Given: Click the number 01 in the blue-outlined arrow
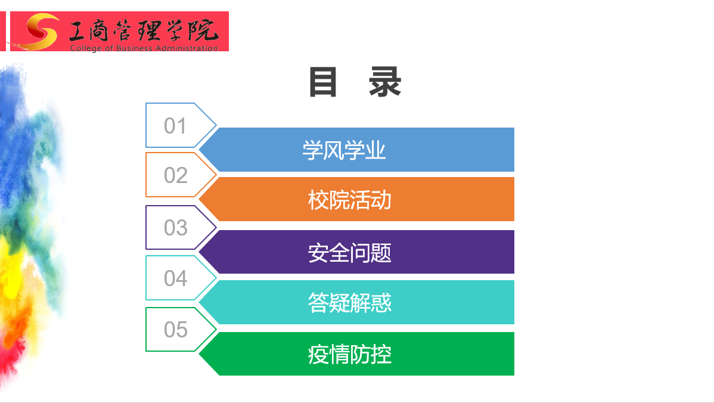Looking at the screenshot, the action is tap(175, 126).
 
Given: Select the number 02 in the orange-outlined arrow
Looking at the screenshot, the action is tap(175, 175).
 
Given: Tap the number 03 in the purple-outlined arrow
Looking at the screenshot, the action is tap(175, 228).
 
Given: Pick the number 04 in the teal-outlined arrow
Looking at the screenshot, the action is tap(175, 278).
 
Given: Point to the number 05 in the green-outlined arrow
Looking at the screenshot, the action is tap(175, 330).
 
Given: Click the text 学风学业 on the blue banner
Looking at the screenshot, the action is tap(344, 150).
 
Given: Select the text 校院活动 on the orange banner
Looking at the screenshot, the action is tap(350, 200).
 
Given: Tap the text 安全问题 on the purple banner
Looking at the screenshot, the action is tap(350, 253).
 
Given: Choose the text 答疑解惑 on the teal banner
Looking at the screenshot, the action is tap(350, 303).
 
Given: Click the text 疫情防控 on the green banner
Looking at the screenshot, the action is tap(350, 354).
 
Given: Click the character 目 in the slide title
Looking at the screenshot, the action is tap(323, 82).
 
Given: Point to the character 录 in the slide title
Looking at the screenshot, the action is tap(385, 82).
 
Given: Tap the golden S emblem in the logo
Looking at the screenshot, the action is tap(41, 31).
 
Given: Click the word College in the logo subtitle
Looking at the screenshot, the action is tap(85, 48).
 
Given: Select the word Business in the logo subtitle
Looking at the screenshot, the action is tap(134, 48).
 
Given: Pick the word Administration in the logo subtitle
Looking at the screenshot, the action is tap(187, 48).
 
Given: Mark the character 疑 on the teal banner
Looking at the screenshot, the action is tap(339, 303).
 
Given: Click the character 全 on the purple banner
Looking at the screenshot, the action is tap(339, 253).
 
